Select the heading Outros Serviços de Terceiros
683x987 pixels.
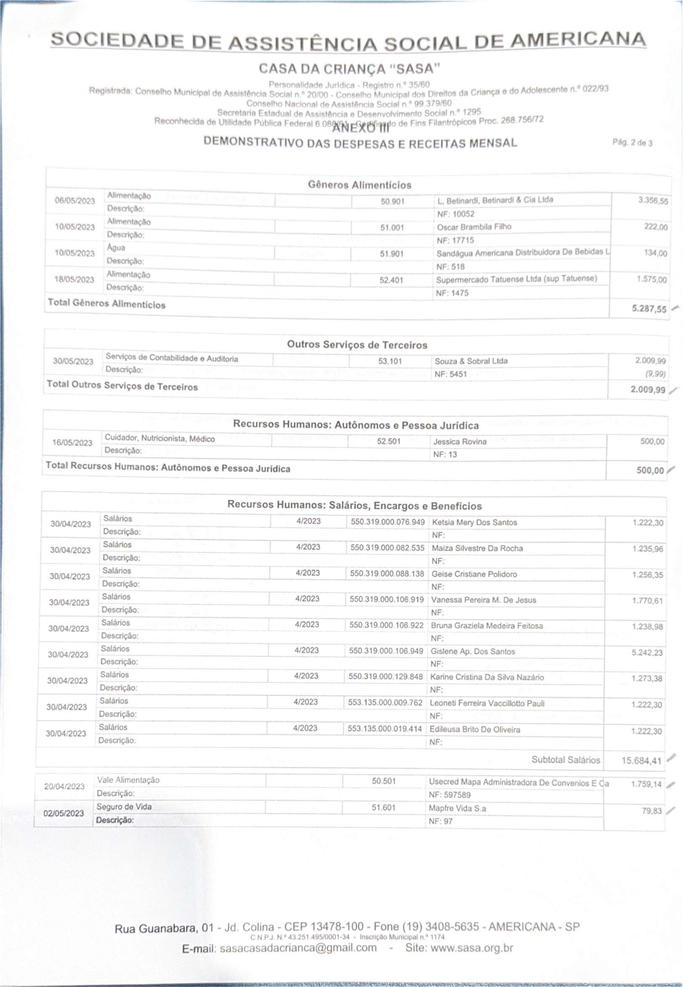pos(357,345)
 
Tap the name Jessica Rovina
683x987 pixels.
pos(460,442)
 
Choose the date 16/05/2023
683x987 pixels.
pos(72,442)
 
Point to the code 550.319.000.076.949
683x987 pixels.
pos(387,522)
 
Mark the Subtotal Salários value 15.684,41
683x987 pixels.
pos(641,760)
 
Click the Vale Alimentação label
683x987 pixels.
pos(128,780)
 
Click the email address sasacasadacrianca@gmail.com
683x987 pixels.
pos(298,948)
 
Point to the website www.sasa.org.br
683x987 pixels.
pos(472,948)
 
